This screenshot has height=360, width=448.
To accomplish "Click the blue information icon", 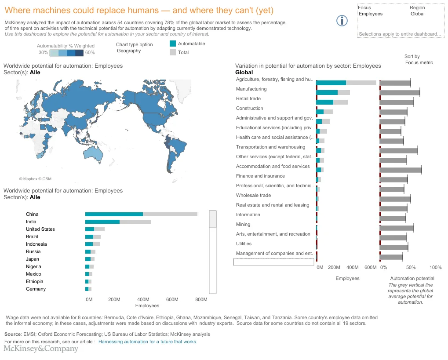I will point(342,21).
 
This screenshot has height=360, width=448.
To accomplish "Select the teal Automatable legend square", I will point(173,44).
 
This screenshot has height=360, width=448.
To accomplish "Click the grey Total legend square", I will point(173,52).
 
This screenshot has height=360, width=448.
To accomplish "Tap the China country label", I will point(32,214).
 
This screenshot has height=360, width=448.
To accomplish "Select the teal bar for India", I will point(102,222).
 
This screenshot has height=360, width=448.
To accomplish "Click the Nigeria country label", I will point(33,266).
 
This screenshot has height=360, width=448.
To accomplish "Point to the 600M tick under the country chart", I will point(172,299).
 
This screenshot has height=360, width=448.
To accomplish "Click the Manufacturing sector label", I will point(251,89).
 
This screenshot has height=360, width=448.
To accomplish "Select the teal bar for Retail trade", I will point(324,102).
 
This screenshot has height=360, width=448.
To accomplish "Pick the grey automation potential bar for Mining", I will point(396,228).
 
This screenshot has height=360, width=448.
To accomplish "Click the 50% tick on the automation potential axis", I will point(411,267).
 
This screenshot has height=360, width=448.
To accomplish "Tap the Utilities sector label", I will point(244,244).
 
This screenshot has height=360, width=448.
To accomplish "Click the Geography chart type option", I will point(129,51).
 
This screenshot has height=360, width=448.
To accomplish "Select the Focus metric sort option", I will point(419,62).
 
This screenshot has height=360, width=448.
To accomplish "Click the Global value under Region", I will point(418,14).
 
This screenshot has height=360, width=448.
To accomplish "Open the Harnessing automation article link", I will point(148,342).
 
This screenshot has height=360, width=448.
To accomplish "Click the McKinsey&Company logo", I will point(41,349).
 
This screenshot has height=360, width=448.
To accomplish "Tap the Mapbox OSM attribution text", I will point(35,179).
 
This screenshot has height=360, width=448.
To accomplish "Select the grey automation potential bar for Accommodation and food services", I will point(400,170).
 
